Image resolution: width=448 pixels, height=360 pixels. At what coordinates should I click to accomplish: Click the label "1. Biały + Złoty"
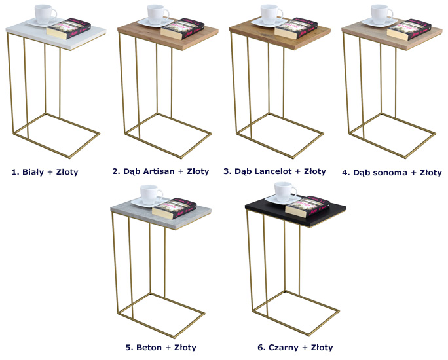point(45,172)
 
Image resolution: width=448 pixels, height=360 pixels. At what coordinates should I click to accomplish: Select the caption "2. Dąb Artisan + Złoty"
point(160,171)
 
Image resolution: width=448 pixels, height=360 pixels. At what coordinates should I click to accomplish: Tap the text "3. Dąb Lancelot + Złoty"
point(274,171)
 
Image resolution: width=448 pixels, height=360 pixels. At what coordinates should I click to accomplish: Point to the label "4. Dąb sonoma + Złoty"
point(392,173)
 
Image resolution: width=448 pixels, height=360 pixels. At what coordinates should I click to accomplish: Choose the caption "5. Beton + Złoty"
point(160,348)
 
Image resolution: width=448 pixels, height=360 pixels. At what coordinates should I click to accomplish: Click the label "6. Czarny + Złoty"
point(295,348)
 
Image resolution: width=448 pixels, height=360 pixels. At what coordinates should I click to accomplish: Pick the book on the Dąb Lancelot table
point(295,28)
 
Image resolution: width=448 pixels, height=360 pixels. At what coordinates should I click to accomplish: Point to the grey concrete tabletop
point(161,213)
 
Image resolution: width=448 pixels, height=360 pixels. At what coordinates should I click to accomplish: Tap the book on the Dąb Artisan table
point(183,28)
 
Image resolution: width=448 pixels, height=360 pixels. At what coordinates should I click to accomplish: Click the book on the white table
point(69,28)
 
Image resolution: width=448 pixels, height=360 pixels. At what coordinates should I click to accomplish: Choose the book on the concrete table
point(174,208)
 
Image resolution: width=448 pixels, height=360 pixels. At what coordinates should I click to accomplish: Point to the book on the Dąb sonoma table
point(409,29)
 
